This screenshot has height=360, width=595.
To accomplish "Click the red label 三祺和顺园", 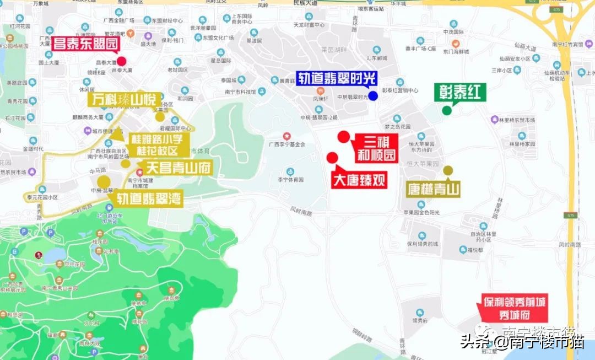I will point(377,148).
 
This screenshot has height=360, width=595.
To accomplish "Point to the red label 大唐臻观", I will point(359,180).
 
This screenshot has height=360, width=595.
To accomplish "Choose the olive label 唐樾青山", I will point(434,190).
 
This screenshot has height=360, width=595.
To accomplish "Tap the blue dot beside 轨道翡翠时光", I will point(373,96).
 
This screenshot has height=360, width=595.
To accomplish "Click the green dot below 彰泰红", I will point(447,110).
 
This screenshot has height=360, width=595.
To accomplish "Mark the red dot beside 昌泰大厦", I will point(121,62).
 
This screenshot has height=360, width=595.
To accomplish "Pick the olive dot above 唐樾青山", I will point(448,170).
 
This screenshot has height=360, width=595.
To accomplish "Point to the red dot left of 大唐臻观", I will point(332,158).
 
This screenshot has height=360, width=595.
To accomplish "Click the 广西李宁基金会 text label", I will point(286,144).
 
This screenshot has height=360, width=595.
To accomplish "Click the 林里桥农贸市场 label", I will point(521,119).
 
